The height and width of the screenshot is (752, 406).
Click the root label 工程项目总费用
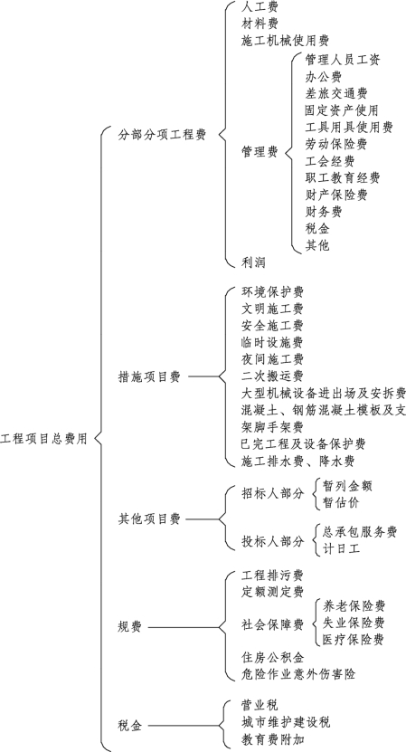(43, 438)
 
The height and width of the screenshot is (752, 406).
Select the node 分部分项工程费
(162, 135)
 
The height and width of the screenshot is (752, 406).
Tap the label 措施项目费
(149, 377)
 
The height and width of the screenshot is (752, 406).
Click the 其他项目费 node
(149, 519)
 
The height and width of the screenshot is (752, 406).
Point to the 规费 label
(130, 627)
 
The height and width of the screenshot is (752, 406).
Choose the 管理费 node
(260, 152)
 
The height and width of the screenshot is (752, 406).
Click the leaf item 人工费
(260, 6)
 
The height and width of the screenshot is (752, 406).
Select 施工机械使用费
(285, 41)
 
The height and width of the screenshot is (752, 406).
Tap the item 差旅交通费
(336, 93)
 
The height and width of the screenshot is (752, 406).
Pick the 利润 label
(253, 262)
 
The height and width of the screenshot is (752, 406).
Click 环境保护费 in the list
(272, 292)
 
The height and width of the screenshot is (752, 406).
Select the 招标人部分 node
(273, 493)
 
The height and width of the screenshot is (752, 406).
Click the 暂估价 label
(341, 502)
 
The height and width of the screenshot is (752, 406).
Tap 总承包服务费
(360, 532)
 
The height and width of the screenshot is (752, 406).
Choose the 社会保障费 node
(272, 624)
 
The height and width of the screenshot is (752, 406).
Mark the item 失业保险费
(354, 623)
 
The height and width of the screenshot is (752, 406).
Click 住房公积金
(272, 657)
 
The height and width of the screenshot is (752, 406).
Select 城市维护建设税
(286, 722)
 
